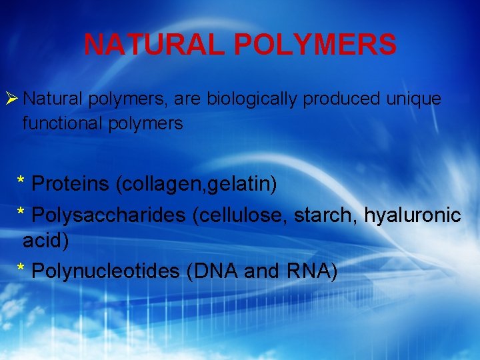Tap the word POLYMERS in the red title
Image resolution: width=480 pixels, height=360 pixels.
(x=315, y=45)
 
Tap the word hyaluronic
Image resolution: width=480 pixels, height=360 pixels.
(x=412, y=215)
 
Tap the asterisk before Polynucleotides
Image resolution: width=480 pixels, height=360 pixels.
(x=21, y=270)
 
